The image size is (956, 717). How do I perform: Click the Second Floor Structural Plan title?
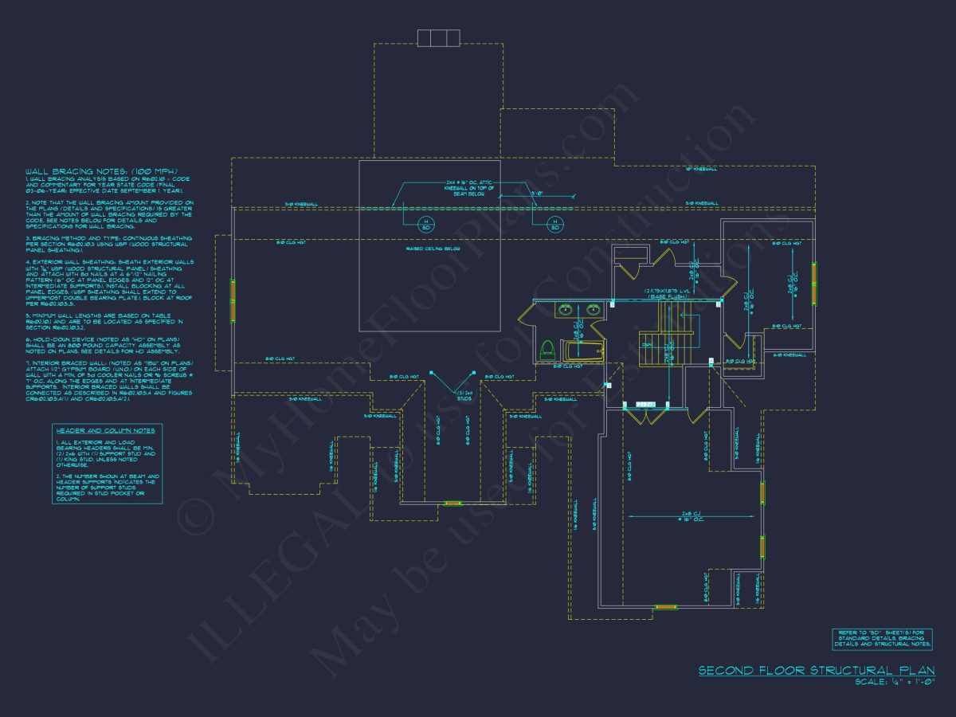click(x=816, y=671)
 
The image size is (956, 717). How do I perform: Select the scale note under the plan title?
click(x=894, y=683)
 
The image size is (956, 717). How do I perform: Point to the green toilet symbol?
click(x=547, y=350)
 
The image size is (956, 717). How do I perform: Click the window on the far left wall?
click(x=233, y=300)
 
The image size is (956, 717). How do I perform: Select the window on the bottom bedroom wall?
click(x=665, y=608)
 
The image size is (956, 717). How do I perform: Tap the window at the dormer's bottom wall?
click(x=453, y=503)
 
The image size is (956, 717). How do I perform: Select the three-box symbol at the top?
click(x=438, y=37)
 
